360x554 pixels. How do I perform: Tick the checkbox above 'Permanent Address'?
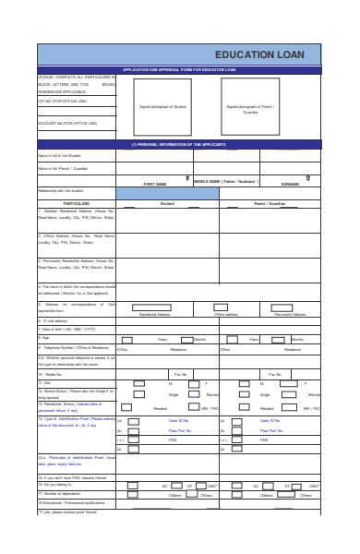(289, 307)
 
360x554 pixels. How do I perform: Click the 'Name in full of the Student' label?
(66, 156)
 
